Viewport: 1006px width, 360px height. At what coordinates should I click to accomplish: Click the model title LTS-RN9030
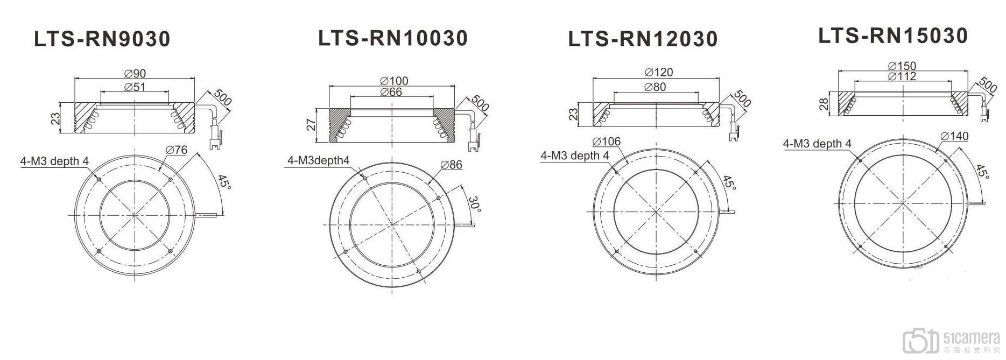pos(102,39)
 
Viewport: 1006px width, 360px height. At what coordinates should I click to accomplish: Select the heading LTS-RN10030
pos(393,38)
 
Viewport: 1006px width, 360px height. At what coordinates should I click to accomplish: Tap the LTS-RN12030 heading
pos(643,39)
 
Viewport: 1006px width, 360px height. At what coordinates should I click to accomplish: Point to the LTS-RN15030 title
pos(893,36)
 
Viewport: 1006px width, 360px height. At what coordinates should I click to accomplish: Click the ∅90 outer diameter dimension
pos(135,74)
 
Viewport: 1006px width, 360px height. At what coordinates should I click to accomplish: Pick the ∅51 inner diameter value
pos(135,87)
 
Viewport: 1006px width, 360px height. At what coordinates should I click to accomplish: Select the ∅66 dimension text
pos(391,92)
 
